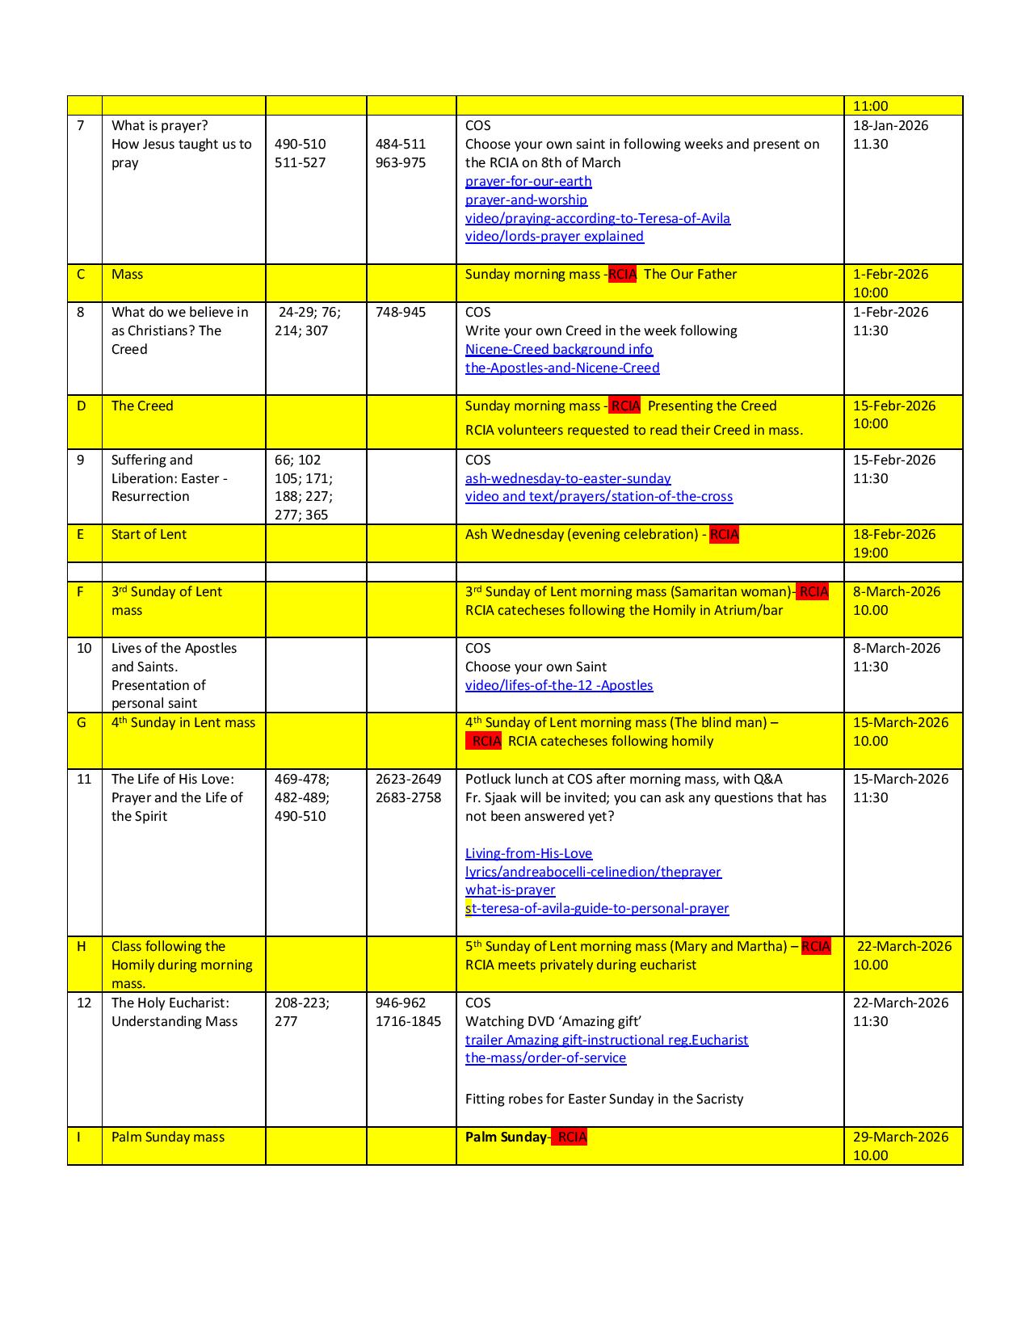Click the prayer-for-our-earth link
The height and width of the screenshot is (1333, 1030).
coord(528,181)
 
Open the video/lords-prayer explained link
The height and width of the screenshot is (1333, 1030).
coord(554,237)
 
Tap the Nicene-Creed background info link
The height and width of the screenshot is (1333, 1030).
coord(559,349)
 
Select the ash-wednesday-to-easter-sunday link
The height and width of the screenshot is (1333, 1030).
coord(568,478)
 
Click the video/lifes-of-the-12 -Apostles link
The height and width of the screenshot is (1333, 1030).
coord(559,685)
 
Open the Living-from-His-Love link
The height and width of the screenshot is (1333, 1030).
coord(528,853)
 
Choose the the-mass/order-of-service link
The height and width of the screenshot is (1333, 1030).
coord(545,1058)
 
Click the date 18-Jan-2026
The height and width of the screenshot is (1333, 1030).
coord(890,125)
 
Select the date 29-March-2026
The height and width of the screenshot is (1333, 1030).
coord(901,1137)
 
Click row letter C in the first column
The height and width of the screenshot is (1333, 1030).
coord(81,274)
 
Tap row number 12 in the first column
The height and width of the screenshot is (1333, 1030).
coord(84,1003)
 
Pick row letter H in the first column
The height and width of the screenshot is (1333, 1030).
coord(82,946)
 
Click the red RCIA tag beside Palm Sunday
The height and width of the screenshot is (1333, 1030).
coord(570,1137)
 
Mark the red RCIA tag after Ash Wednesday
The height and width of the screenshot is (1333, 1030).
coord(724,534)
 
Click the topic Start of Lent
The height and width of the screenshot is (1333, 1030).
coord(149,534)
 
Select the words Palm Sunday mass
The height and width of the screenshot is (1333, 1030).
coord(168,1137)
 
